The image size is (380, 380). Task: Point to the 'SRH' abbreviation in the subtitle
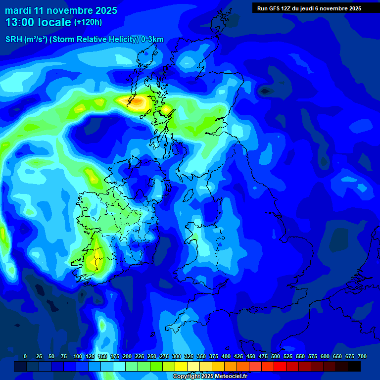(13, 40)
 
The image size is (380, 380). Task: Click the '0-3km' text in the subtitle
(152, 40)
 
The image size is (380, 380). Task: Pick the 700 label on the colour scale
(362, 357)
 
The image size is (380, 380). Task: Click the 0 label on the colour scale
(25, 357)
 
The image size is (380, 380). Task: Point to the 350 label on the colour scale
(201, 357)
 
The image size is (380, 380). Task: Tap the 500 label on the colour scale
(276, 357)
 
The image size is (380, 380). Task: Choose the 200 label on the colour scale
(127, 357)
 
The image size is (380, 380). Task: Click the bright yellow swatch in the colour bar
(181, 367)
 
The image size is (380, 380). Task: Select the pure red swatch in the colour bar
(280, 367)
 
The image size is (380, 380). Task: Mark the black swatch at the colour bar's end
(354, 367)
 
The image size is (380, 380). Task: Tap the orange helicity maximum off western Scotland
(137, 102)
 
